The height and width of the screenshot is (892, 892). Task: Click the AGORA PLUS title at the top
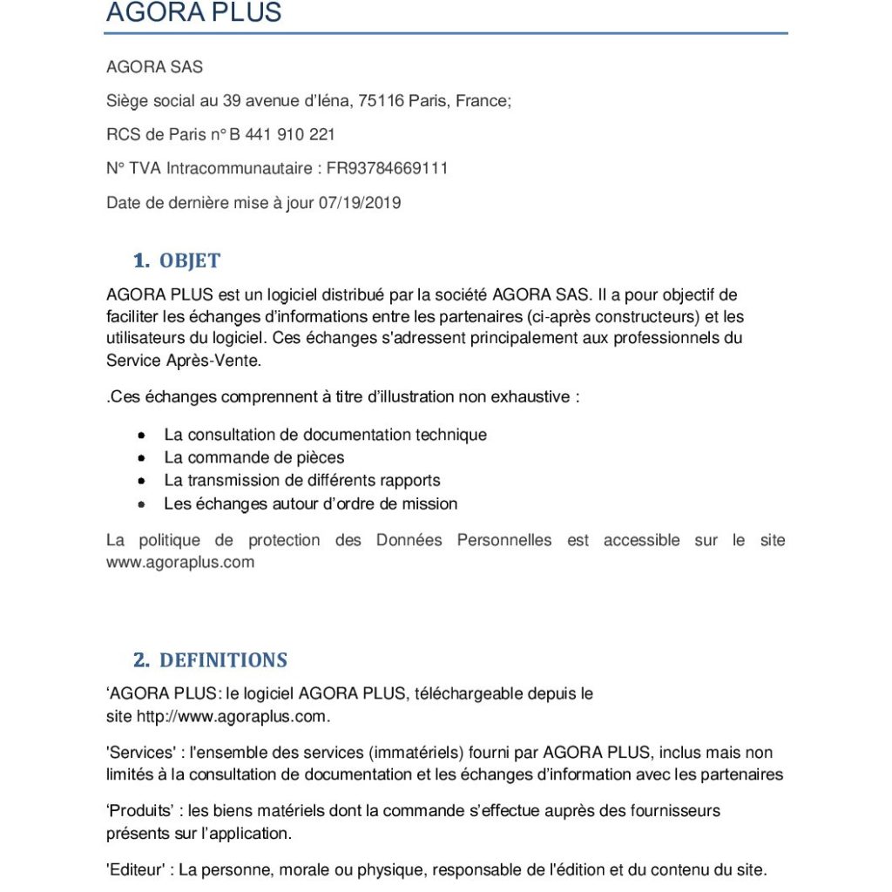[x=193, y=13]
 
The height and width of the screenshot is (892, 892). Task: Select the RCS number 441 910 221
[x=287, y=135]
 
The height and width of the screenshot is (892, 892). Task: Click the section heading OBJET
[x=190, y=260]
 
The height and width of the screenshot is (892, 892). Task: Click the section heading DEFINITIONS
[x=223, y=659]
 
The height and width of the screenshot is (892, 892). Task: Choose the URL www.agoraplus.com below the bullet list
[x=180, y=563]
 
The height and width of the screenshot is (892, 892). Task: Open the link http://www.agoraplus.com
[x=233, y=717]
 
